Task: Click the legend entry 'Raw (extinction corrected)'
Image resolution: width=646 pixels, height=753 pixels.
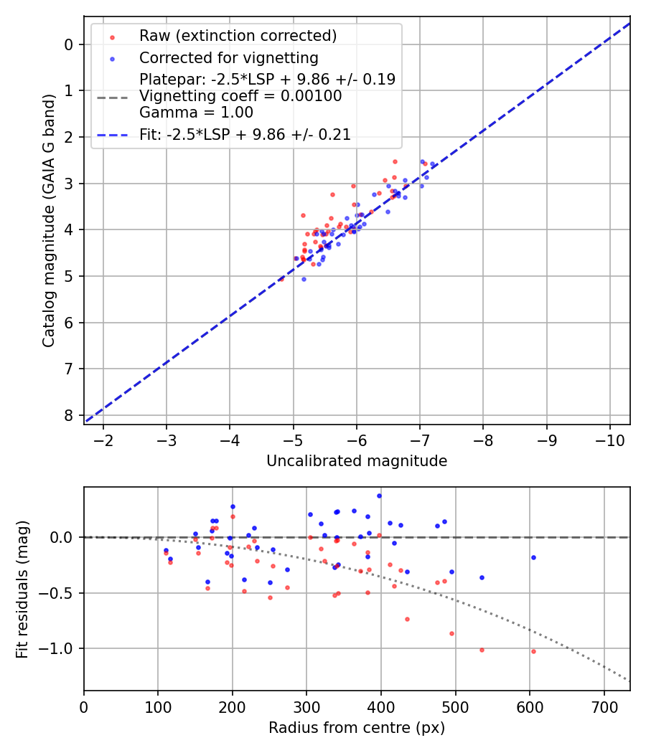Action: coord(238,36)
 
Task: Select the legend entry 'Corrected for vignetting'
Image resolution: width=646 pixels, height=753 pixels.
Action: coord(229,57)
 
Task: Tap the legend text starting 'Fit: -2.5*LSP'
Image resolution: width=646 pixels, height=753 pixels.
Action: coord(245,134)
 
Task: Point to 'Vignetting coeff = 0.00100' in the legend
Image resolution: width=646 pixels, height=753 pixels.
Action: coord(240,96)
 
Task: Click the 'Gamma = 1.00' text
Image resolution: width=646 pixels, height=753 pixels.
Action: coord(196,113)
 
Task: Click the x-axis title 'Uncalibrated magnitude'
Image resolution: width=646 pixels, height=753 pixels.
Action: coord(357,461)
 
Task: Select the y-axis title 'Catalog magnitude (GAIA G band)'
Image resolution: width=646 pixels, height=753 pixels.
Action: coord(48,220)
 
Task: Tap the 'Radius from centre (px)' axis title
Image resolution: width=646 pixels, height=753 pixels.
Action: coord(357,728)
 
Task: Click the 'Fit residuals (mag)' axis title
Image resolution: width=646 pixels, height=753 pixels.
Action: coord(23,589)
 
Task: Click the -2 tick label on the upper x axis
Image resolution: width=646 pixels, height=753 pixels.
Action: coord(103,439)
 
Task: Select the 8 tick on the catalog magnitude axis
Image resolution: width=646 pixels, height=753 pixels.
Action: coord(69,415)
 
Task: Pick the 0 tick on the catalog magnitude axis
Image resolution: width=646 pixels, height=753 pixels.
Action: coord(69,44)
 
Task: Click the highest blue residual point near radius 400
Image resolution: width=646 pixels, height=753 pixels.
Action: coord(379,496)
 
